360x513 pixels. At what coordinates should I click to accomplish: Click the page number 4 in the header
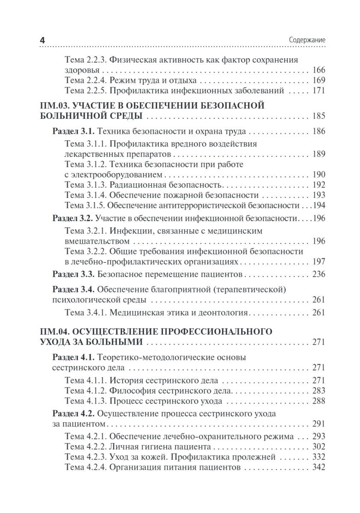pos(42,40)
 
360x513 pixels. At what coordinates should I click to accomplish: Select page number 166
pos(319,70)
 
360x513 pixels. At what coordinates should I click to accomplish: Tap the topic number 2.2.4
pos(96,80)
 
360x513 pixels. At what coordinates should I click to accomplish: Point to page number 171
pos(319,90)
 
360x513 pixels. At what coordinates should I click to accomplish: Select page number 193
pos(319,195)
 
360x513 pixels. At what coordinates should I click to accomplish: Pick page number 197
pos(319,261)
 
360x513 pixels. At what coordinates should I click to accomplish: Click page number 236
pos(319,274)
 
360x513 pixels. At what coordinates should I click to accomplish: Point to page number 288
pos(319,401)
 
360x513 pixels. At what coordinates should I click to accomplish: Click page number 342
pos(319,467)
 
